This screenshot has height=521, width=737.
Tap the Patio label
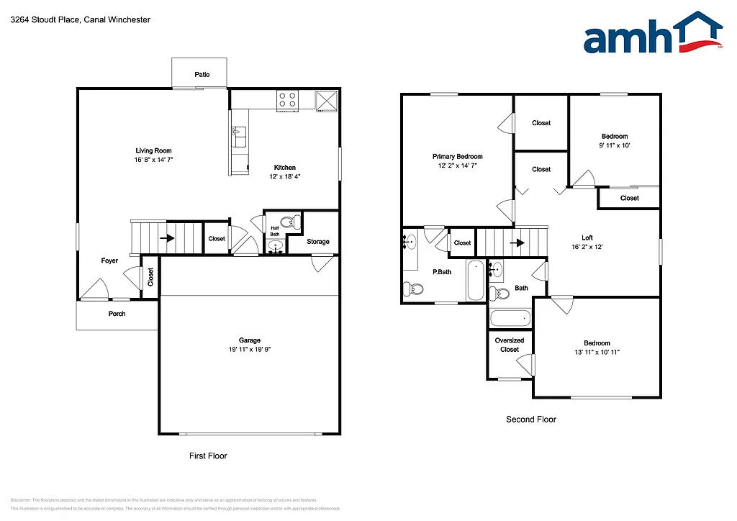tap(202, 75)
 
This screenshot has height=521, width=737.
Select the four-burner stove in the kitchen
tap(288, 100)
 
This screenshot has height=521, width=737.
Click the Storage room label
tap(317, 242)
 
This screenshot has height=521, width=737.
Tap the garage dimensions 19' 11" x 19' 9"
tap(250, 350)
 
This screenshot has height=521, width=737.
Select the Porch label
tap(117, 314)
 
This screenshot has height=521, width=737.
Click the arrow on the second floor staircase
tap(516, 243)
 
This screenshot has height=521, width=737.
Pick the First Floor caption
tap(208, 456)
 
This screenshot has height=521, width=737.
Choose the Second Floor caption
tap(530, 420)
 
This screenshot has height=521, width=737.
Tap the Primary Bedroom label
tap(457, 156)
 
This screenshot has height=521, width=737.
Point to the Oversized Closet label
tap(510, 345)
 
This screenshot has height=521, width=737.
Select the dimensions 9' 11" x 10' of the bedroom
tap(615, 145)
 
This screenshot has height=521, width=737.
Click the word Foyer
tap(109, 260)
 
